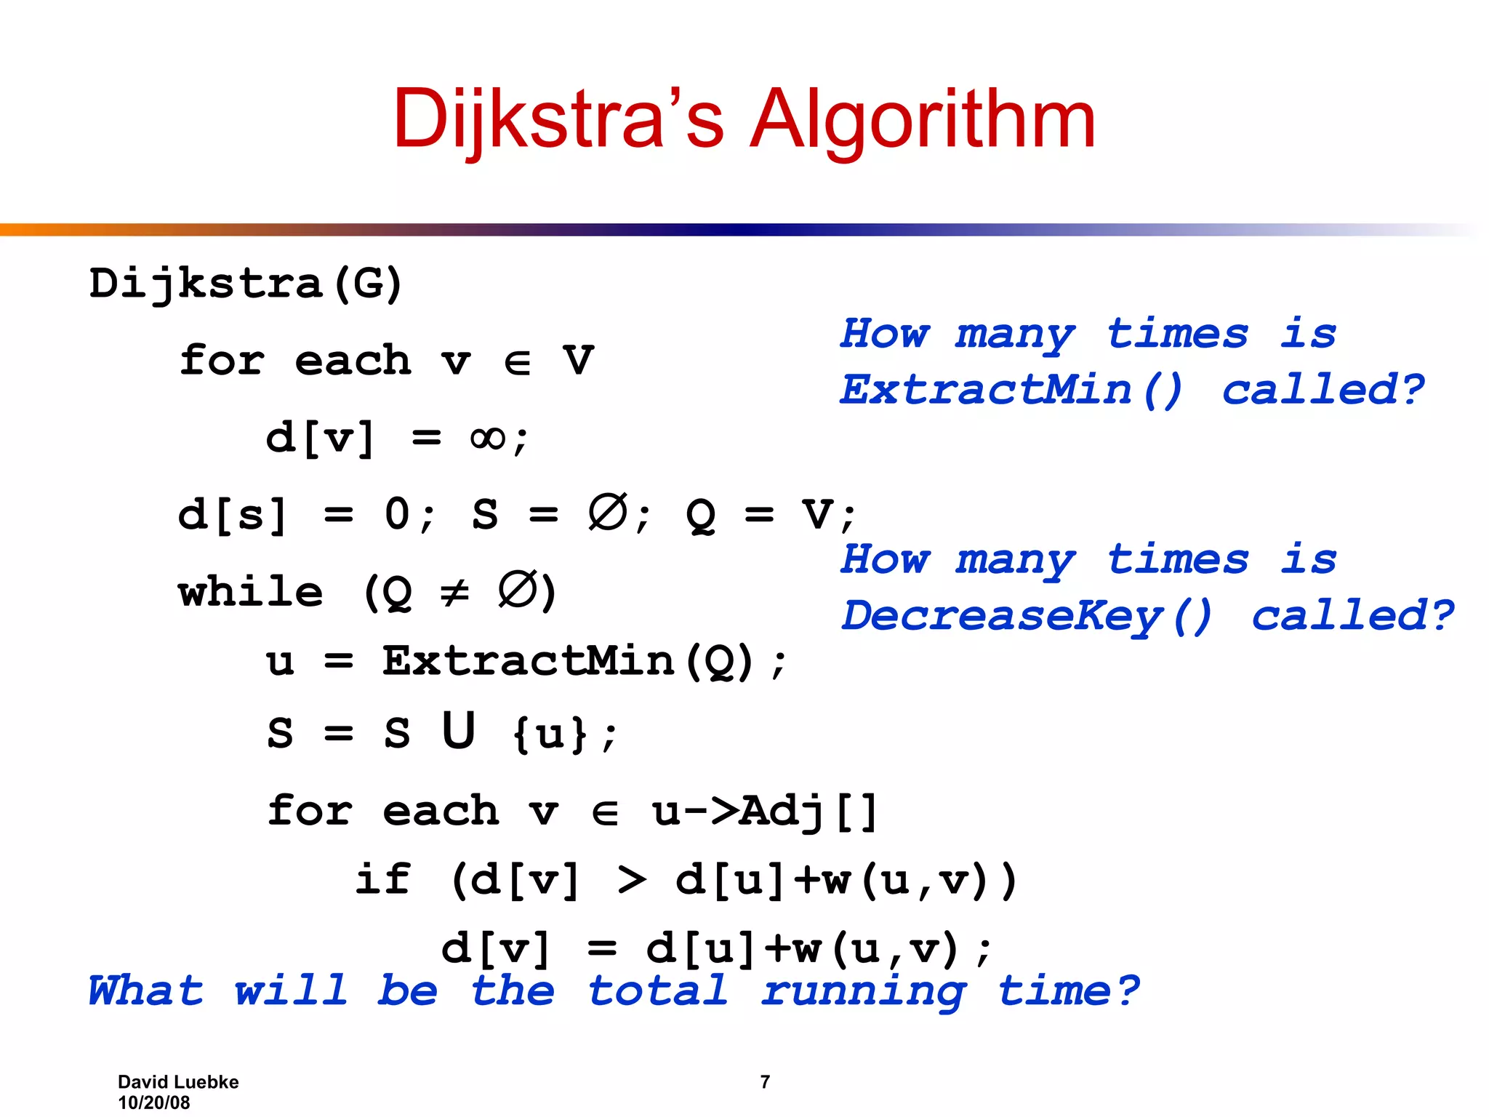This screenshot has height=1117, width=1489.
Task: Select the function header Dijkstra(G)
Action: tap(246, 284)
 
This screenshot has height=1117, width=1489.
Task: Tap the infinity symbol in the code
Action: tap(488, 438)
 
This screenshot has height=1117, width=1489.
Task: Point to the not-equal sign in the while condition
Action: tap(455, 593)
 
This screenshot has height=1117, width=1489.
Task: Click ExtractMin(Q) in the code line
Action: tap(568, 662)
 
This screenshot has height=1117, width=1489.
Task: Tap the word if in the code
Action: tap(383, 880)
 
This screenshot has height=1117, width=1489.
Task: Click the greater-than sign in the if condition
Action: tap(631, 880)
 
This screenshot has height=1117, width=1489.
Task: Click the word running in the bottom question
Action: tap(864, 991)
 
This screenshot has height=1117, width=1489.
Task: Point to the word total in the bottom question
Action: tap(657, 991)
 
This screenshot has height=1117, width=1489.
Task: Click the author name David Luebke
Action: tap(178, 1082)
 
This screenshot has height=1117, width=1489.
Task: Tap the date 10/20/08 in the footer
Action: tap(153, 1102)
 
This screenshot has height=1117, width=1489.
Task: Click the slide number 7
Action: tap(765, 1082)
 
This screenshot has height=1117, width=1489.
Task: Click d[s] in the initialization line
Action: tap(233, 515)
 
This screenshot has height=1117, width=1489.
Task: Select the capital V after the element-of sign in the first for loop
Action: tap(579, 361)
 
